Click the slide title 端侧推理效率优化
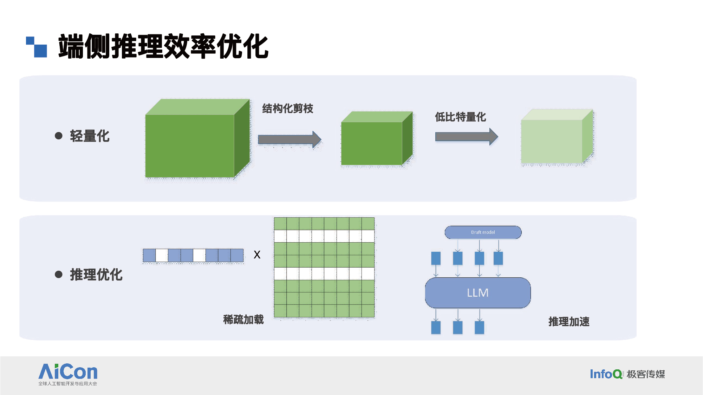[163, 46]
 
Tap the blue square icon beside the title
[37, 47]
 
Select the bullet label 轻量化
[90, 136]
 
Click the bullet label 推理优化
[96, 275]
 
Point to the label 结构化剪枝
[287, 108]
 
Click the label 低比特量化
[460, 117]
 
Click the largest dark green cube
[190, 146]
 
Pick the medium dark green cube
[372, 143]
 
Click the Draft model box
[483, 232]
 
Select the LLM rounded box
[477, 293]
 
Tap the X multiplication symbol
[257, 255]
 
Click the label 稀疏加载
[243, 320]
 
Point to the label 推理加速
[569, 322]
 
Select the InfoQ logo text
[606, 374]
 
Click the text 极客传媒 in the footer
[646, 374]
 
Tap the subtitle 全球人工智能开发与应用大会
[68, 384]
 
